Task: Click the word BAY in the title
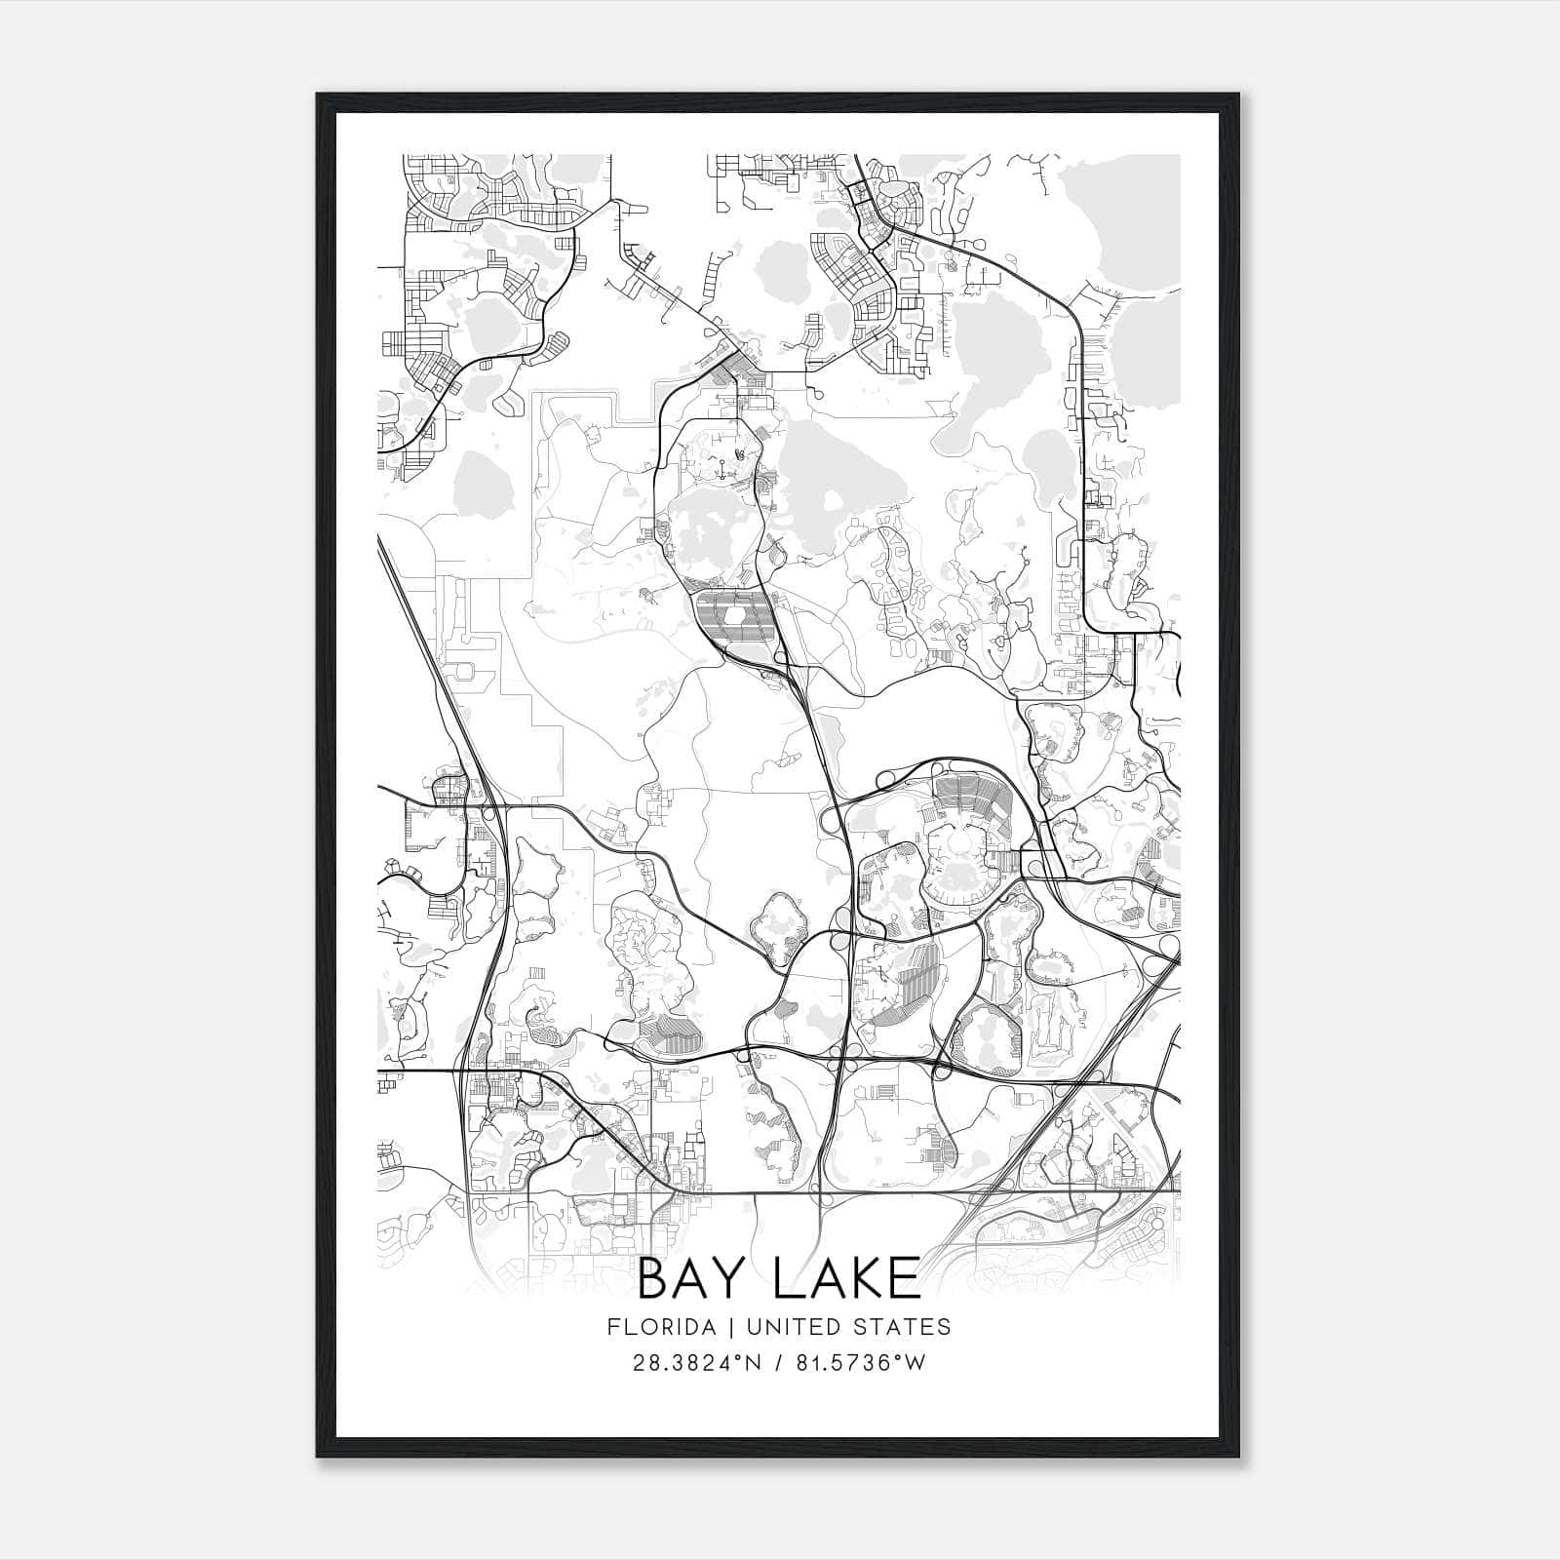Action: (x=690, y=1279)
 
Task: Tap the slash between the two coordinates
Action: (x=778, y=1362)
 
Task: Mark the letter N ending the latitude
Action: (x=754, y=1362)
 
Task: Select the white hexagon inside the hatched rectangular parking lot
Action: (x=734, y=617)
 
